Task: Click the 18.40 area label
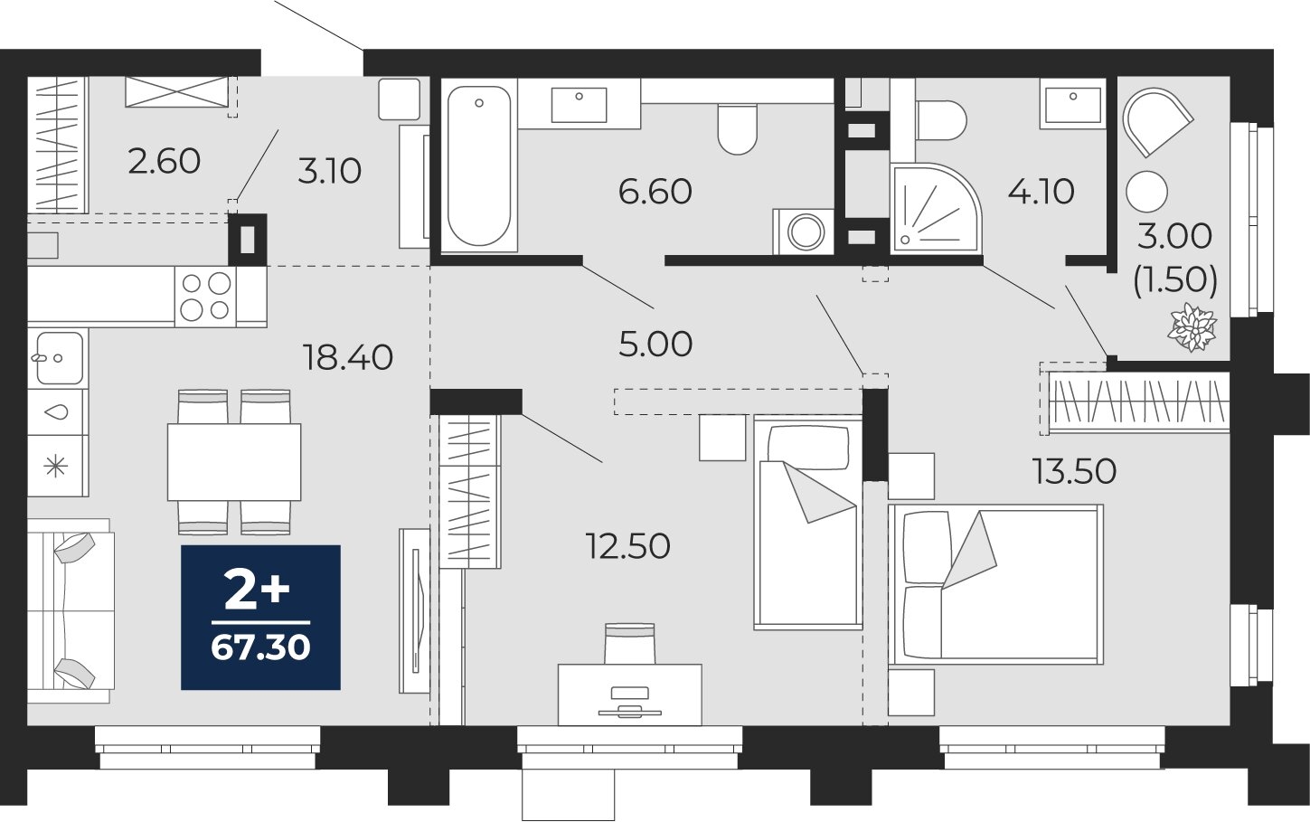click(x=347, y=357)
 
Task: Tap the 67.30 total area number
click(x=261, y=647)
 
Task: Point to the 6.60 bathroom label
click(x=655, y=192)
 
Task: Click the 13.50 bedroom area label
click(x=1074, y=471)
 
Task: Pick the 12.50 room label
click(x=627, y=546)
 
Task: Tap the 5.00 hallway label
click(x=655, y=344)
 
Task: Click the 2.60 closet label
click(x=165, y=162)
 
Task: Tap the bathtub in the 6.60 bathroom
click(x=478, y=166)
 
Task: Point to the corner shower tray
click(x=936, y=210)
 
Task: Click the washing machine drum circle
click(x=806, y=232)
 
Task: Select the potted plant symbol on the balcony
click(x=1192, y=327)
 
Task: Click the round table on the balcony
click(x=1147, y=192)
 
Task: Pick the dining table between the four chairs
click(x=234, y=462)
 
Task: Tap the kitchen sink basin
click(x=59, y=357)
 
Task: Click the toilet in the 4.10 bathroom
click(x=941, y=121)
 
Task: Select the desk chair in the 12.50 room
click(x=629, y=643)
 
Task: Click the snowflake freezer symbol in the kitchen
click(x=57, y=467)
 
